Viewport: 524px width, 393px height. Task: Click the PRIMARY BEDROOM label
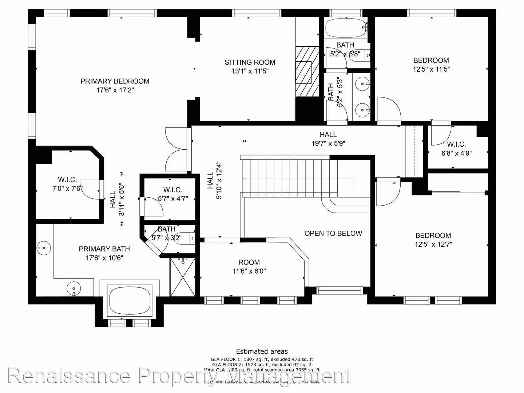click(115, 81)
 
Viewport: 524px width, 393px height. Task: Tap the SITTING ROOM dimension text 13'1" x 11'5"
click(250, 71)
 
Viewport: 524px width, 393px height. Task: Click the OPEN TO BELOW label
click(333, 233)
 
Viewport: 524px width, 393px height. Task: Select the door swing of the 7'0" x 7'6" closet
click(89, 189)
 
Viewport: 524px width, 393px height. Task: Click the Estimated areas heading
click(262, 352)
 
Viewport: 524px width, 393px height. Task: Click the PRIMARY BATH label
click(104, 249)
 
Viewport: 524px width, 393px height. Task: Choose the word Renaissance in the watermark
click(69, 376)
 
